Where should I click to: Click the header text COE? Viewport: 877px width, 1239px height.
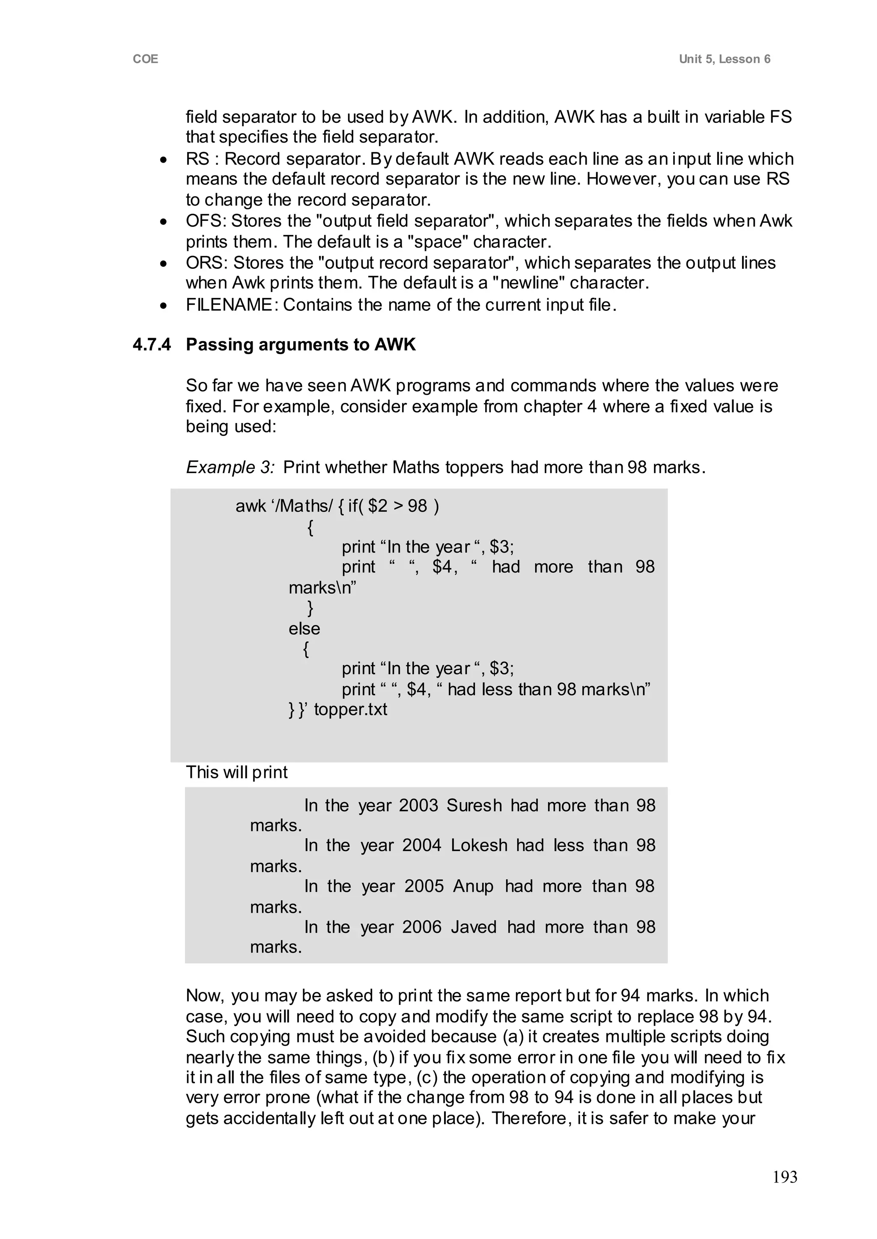145,59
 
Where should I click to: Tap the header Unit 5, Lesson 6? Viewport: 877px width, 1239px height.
724,59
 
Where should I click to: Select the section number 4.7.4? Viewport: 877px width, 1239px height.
152,345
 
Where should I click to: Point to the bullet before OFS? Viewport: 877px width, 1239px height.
164,222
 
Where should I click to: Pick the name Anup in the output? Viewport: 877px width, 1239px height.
473,886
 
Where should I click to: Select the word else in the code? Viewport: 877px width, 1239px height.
304,628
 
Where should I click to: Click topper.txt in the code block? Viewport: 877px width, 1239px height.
350,709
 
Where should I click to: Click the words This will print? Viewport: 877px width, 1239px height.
236,772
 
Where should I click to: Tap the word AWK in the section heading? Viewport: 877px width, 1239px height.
395,345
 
